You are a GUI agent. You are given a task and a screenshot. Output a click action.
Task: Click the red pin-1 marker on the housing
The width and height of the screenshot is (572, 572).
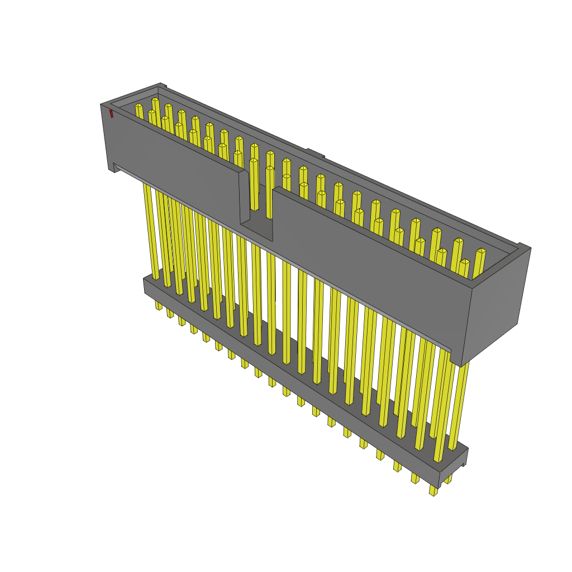click(x=112, y=114)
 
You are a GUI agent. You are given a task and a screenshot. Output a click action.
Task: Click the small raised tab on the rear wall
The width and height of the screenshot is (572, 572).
click(x=315, y=152)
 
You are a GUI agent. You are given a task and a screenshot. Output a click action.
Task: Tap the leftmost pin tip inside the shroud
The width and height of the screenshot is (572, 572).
click(x=139, y=107)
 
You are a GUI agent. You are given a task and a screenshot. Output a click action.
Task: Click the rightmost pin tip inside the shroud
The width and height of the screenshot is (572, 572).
click(x=480, y=252)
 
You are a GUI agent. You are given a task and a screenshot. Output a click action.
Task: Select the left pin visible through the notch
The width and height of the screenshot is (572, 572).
click(x=254, y=184)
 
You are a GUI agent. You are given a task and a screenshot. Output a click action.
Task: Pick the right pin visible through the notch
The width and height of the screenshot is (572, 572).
click(x=270, y=190)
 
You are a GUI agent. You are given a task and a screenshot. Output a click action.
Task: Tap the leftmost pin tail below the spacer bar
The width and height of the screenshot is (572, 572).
click(x=159, y=306)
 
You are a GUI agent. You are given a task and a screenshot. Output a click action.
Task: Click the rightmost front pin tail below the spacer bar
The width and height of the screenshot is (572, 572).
click(x=433, y=490)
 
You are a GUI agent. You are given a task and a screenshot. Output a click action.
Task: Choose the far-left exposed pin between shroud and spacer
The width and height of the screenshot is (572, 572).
click(x=149, y=229)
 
